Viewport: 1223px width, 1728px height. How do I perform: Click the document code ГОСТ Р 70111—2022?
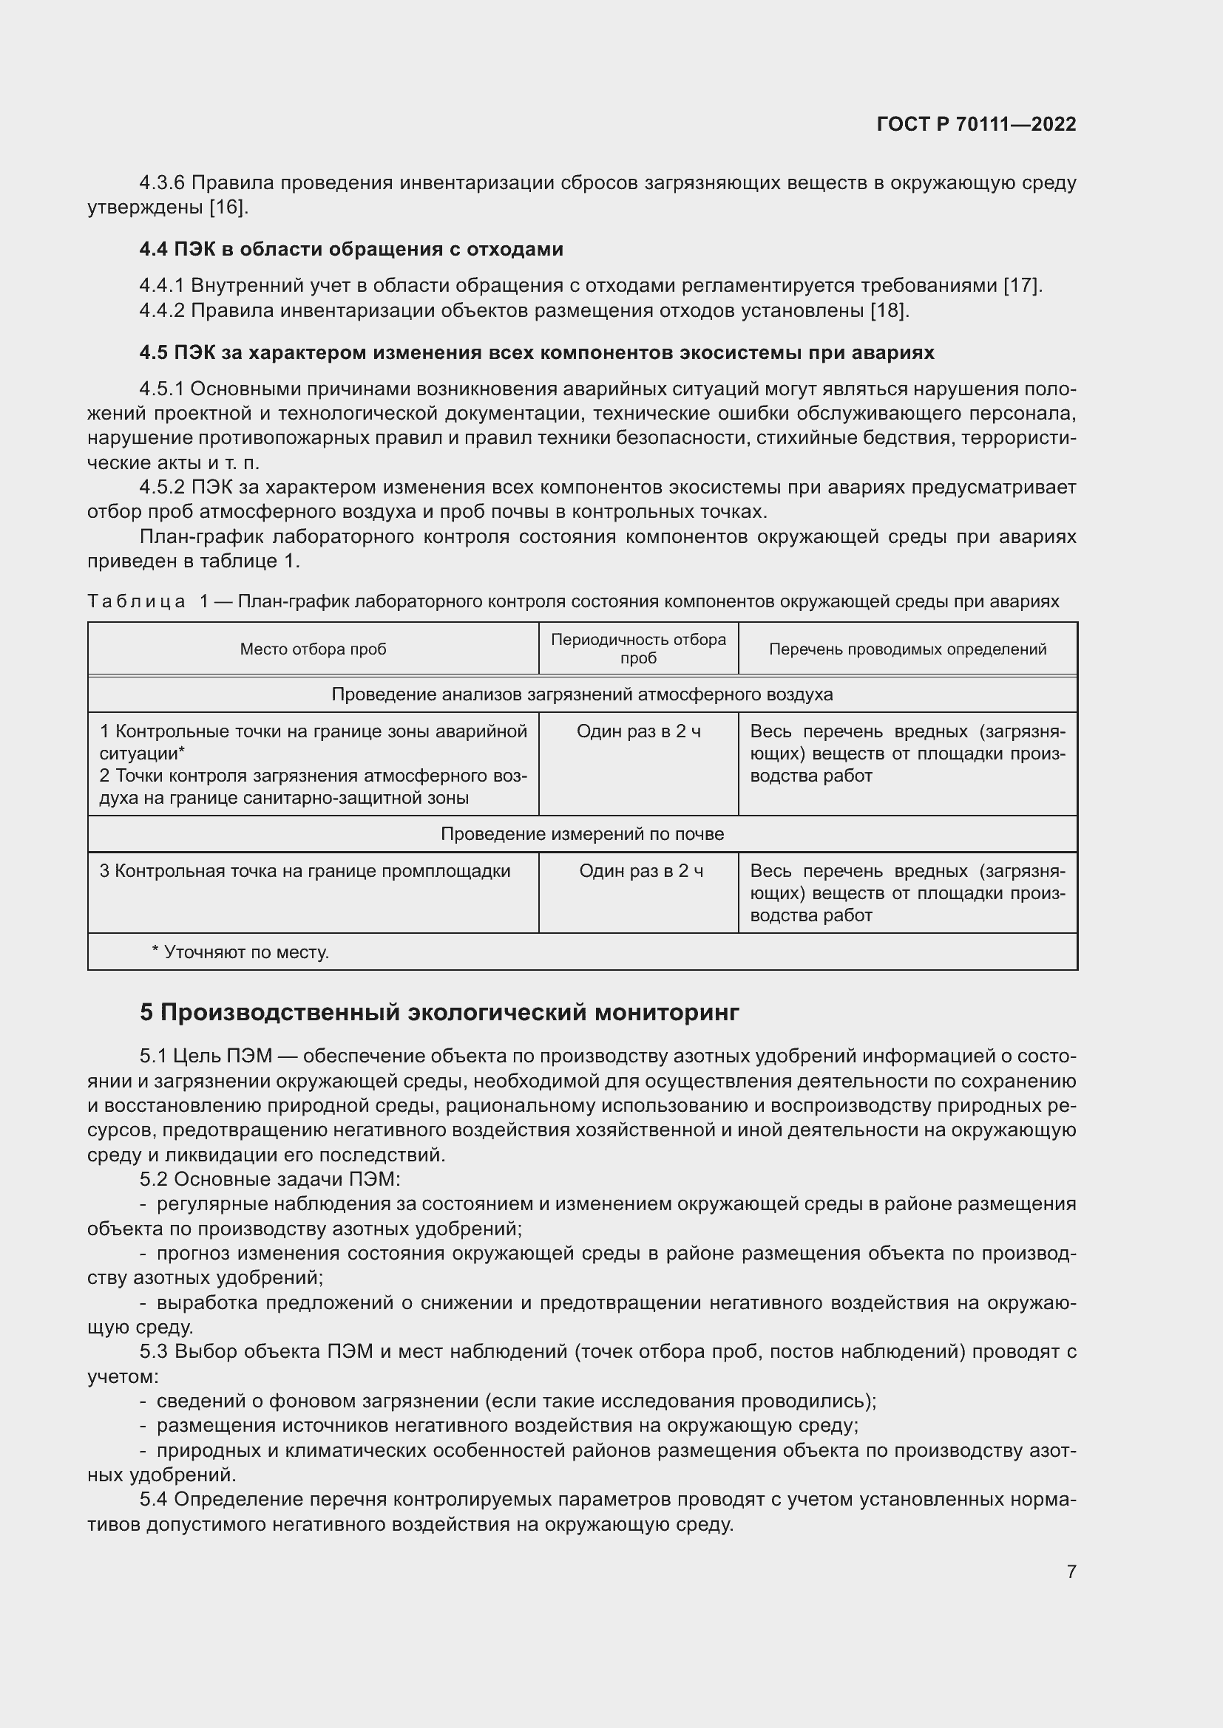click(x=976, y=124)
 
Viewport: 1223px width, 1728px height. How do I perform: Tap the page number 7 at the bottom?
click(x=1071, y=1571)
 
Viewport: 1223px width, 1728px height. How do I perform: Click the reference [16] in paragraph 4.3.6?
click(x=228, y=208)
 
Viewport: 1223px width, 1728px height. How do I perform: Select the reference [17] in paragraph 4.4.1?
click(x=1022, y=285)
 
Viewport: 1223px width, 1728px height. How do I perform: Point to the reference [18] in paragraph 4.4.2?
click(x=890, y=310)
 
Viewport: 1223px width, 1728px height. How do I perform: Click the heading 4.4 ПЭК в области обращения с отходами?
click(x=351, y=249)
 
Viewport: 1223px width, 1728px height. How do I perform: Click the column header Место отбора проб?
click(x=313, y=649)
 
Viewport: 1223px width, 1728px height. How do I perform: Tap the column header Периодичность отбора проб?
click(x=638, y=649)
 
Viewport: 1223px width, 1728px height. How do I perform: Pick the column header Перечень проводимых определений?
click(x=907, y=649)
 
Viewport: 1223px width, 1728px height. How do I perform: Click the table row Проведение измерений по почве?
click(x=582, y=834)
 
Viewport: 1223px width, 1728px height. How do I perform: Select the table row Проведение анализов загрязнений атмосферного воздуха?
click(x=582, y=694)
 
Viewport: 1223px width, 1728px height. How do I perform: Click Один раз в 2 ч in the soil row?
click(x=641, y=871)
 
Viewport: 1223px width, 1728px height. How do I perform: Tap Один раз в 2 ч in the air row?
click(x=639, y=731)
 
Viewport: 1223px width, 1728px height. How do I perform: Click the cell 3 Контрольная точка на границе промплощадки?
click(x=305, y=871)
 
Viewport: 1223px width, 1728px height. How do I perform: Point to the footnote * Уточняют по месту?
click(x=240, y=952)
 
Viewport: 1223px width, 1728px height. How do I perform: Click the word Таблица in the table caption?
click(x=136, y=601)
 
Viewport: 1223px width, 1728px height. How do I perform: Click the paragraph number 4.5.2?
click(x=162, y=487)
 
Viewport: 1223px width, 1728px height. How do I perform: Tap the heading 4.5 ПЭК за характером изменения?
click(x=536, y=352)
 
